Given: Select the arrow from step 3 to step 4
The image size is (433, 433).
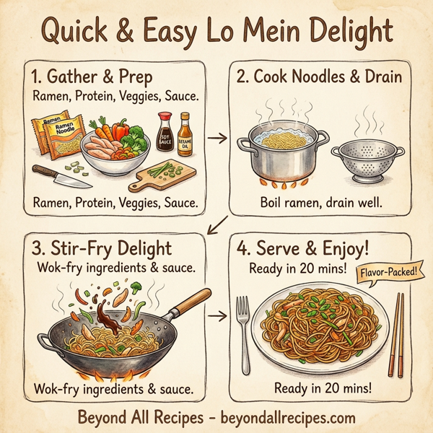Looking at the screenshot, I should tap(216, 316).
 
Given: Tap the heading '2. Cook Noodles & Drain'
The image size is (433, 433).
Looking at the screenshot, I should tap(315, 76).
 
